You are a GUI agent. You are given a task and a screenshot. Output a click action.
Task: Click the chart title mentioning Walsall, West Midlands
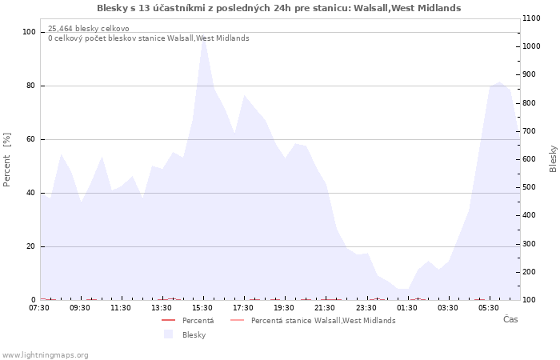278,8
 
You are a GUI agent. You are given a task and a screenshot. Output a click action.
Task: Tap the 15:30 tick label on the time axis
202,308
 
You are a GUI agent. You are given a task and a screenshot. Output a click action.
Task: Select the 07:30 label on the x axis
39,308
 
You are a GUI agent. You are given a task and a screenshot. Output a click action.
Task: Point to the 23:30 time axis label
366,308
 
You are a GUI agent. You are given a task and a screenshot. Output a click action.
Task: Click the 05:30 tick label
489,308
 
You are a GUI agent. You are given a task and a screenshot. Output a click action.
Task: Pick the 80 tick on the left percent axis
31,86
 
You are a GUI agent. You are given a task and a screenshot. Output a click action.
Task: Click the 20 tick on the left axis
31,246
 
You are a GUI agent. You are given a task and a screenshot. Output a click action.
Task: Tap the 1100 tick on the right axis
531,18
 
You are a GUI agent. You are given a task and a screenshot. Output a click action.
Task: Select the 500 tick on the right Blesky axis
530,187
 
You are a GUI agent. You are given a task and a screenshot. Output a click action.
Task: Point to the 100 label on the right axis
530,300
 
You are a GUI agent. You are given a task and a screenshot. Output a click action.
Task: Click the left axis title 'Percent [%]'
6,160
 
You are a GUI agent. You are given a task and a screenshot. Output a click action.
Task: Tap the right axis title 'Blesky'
553,158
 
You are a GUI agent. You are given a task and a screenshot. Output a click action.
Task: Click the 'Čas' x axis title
510,319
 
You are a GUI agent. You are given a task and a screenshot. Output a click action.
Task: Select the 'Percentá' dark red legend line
168,320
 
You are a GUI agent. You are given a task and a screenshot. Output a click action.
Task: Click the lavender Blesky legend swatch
168,334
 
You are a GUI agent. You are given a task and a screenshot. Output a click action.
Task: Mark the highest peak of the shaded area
203,38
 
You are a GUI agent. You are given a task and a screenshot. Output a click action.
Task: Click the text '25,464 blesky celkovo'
89,29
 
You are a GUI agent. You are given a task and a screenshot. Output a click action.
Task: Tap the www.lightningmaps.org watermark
45,355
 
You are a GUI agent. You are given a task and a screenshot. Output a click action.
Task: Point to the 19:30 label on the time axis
284,308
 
